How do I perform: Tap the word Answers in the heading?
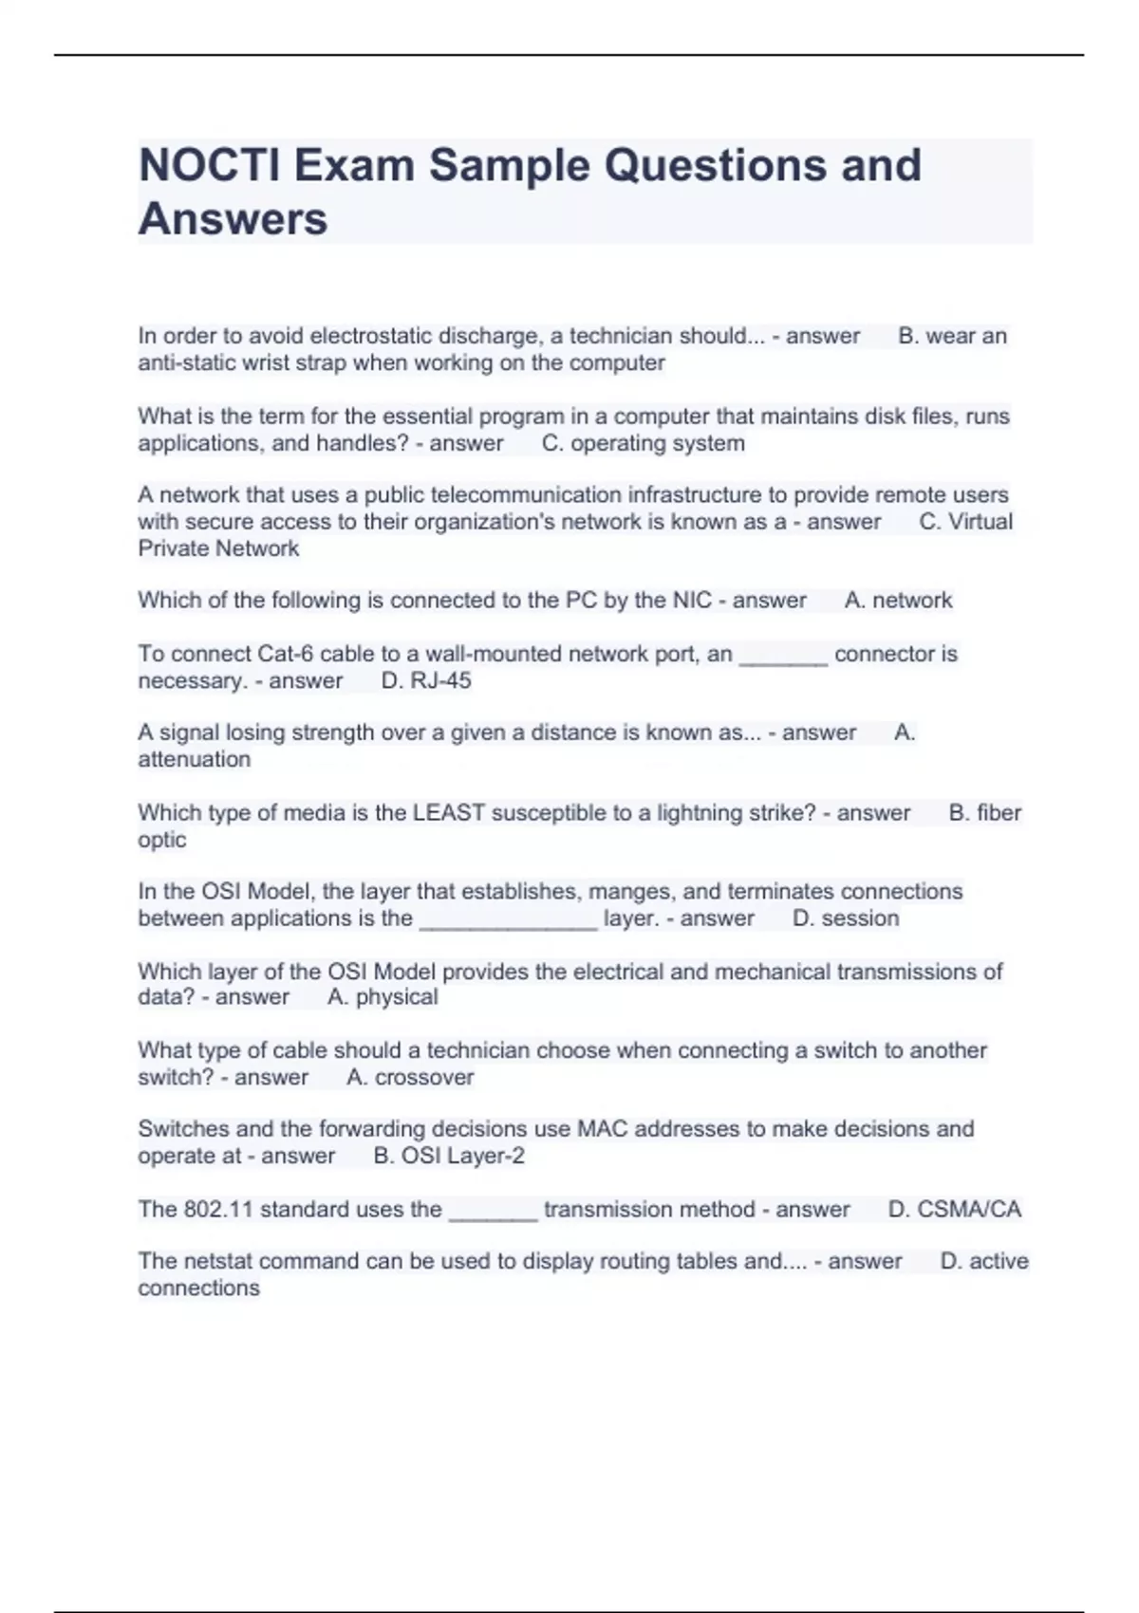point(233,219)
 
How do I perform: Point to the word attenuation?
point(195,760)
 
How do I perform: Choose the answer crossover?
point(424,1078)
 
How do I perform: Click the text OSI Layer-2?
point(462,1157)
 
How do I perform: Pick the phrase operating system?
point(658,444)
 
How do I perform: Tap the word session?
point(860,918)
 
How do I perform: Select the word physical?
point(397,997)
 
